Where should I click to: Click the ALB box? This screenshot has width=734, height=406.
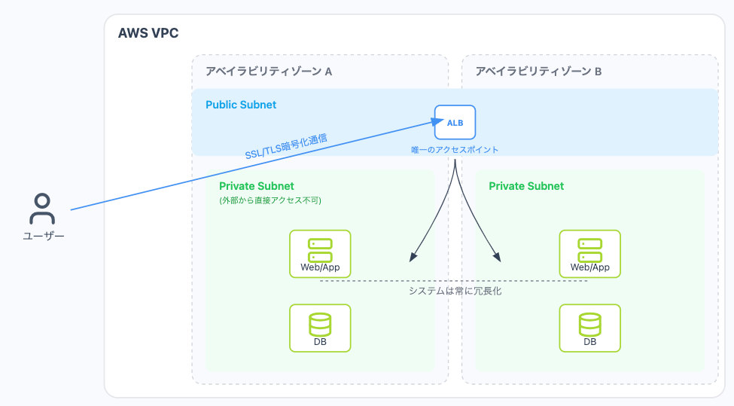pyautogui.click(x=455, y=123)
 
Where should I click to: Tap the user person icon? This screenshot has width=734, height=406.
pyautogui.click(x=42, y=209)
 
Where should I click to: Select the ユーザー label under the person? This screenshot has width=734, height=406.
pyautogui.click(x=43, y=236)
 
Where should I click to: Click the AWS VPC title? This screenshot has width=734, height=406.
pyautogui.click(x=148, y=33)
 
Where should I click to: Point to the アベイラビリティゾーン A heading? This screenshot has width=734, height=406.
pyautogui.click(x=269, y=72)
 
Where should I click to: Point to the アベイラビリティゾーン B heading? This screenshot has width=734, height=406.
pyautogui.click(x=538, y=72)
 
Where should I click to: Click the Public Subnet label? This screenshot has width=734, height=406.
pyautogui.click(x=241, y=105)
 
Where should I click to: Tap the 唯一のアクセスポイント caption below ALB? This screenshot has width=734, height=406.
pyautogui.click(x=455, y=150)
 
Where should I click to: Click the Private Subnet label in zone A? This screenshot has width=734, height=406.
pyautogui.click(x=257, y=186)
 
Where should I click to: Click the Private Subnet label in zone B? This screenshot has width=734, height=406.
pyautogui.click(x=526, y=186)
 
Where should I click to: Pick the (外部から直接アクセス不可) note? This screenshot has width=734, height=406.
pyautogui.click(x=270, y=200)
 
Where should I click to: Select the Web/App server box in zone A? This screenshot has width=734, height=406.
pyautogui.click(x=320, y=254)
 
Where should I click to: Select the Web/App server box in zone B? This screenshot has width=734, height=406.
pyautogui.click(x=589, y=254)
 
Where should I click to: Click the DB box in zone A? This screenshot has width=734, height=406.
pyautogui.click(x=320, y=328)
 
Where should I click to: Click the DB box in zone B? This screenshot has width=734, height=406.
pyautogui.click(x=589, y=328)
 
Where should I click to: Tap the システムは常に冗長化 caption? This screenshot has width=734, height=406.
pyautogui.click(x=455, y=291)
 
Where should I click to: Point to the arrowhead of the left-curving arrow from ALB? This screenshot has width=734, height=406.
pyautogui.click(x=413, y=258)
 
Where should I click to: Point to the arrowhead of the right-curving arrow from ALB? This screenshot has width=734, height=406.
pyautogui.click(x=498, y=258)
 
